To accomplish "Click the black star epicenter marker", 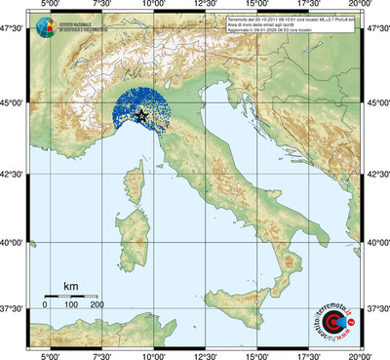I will (142, 115).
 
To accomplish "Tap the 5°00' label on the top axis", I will (50, 6).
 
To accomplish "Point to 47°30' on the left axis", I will (13, 31).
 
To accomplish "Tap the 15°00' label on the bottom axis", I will (258, 354).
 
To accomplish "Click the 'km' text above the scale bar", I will (70, 286).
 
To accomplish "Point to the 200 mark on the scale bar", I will (97, 304).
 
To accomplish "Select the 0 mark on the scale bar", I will (45, 304).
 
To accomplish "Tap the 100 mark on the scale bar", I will (71, 304).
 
